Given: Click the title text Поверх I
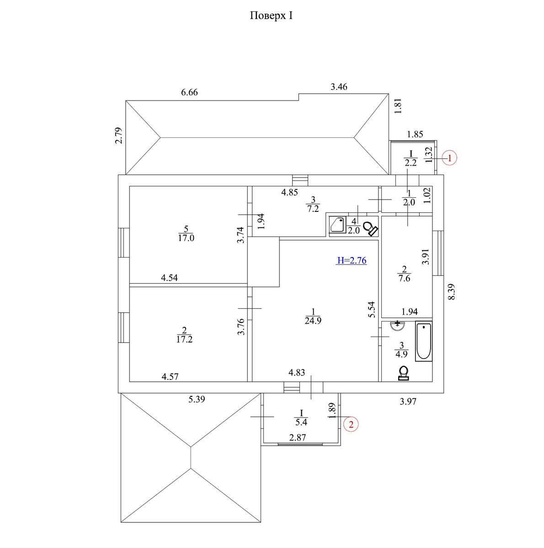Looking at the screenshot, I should pos(271,16).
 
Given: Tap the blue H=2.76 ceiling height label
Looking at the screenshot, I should pos(352,261).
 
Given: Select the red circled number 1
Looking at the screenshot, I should pos(450,158).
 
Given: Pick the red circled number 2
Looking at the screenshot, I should pos(351,424).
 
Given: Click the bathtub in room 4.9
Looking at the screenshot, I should pos(424,341).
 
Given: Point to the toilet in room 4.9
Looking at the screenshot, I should pos(403,373).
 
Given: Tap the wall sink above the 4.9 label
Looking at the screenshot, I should pos(398,326).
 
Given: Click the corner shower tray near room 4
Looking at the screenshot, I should pos(338,225).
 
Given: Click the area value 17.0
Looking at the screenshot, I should pos(186,238).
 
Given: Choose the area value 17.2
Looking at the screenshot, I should pos(185,339).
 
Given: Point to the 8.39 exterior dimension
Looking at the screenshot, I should pos(452,291).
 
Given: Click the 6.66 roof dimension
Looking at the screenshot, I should pos(189,93).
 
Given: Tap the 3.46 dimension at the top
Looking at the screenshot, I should pos(339,87).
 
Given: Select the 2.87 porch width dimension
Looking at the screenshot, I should pos(298,437).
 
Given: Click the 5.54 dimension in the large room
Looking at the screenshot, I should pos(372,309).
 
